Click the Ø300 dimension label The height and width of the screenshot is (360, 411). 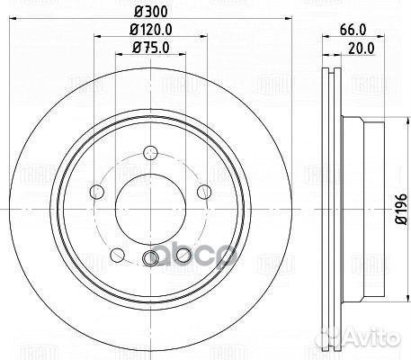click(x=147, y=12)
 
